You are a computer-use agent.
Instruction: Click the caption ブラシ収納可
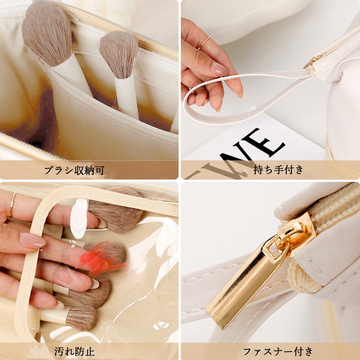[x=74, y=171]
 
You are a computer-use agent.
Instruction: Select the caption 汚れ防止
[x=74, y=351]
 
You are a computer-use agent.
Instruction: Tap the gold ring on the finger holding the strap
[x=204, y=42]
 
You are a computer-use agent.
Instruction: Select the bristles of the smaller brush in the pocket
[x=118, y=53]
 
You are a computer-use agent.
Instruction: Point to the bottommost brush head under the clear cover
[x=81, y=318]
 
